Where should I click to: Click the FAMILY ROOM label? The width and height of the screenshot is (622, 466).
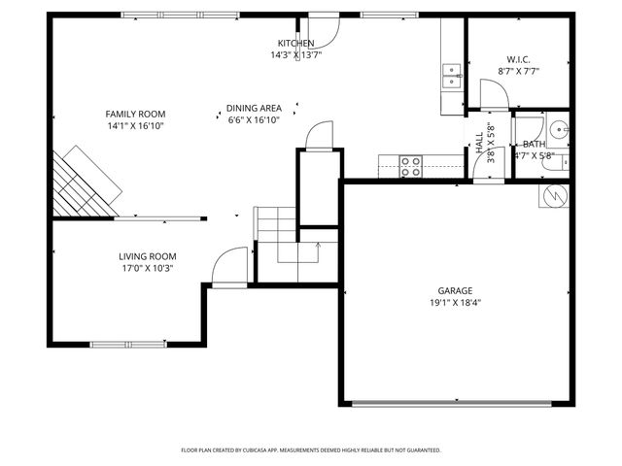pos(135,114)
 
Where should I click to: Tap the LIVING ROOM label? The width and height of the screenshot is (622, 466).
pos(148,256)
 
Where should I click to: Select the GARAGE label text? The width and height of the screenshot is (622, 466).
pos(454,290)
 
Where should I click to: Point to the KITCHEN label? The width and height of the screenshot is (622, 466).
pos(295,44)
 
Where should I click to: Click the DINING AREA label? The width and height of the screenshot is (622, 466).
pos(254,108)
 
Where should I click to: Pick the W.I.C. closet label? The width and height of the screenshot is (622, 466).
pos(518,59)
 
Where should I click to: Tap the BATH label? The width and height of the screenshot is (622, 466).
pos(534,144)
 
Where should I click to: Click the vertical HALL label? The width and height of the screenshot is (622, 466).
pos(480,143)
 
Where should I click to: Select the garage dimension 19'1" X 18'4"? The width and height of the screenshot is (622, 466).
pos(454,302)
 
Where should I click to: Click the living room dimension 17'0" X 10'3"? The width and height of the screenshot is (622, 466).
pos(148,269)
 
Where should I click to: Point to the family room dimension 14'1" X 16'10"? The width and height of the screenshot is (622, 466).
pos(135,125)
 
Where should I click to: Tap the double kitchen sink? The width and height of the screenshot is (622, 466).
pos(452,76)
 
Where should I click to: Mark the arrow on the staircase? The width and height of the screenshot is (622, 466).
pos(317,249)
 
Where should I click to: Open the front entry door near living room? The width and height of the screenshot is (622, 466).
pos(229,267)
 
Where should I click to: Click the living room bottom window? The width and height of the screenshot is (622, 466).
pos(126,343)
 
